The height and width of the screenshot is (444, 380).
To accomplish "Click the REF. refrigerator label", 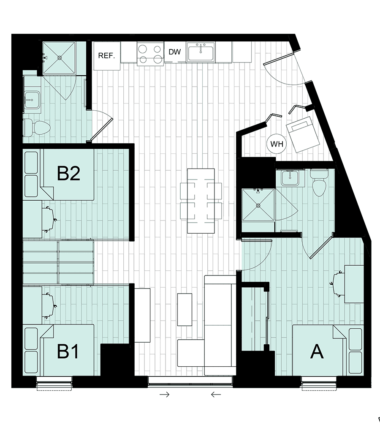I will click(x=106, y=55).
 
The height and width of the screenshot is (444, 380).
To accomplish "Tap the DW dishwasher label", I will click(x=174, y=52).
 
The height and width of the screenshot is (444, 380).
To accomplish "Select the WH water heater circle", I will click(x=277, y=144).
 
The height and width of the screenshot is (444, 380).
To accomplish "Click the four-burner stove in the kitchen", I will click(x=150, y=54).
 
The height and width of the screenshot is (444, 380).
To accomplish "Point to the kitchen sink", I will click(x=201, y=53).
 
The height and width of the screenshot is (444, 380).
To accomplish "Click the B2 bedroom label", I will click(x=69, y=173).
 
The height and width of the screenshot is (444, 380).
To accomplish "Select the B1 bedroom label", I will click(x=68, y=351).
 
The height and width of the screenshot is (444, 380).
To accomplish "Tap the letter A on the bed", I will click(x=317, y=351).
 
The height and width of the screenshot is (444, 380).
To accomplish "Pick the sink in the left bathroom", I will click(x=31, y=101).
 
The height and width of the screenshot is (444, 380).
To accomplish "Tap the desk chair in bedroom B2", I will click(x=49, y=218).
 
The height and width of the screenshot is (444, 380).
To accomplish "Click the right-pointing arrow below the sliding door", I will click(x=165, y=395).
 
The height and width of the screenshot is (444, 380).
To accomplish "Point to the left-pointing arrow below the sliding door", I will click(x=216, y=395).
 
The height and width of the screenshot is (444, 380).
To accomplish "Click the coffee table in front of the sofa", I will click(x=185, y=309).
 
